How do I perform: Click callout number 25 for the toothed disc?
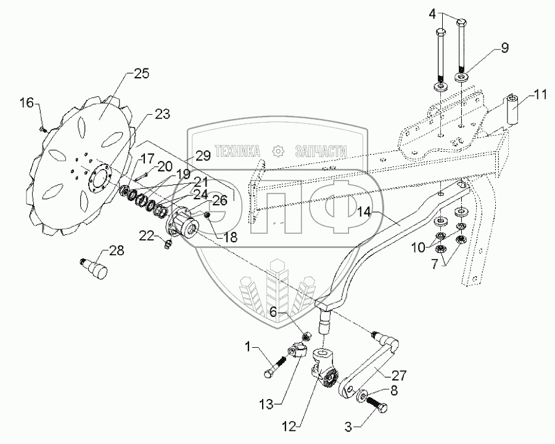click(x=141, y=73)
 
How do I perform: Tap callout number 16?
click(x=27, y=103)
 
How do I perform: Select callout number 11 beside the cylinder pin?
click(x=540, y=94)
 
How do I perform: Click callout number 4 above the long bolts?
click(x=434, y=14)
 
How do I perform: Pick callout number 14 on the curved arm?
click(x=363, y=212)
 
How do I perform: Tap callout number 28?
click(x=116, y=250)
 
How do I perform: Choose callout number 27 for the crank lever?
click(x=399, y=375)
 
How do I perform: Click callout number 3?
click(x=348, y=427)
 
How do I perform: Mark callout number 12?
click(x=289, y=427)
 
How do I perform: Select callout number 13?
click(x=266, y=404)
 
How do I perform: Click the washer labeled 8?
click(x=361, y=395)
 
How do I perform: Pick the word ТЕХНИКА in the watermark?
click(x=237, y=151)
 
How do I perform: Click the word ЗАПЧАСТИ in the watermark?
click(x=321, y=151)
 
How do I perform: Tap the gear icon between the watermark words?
click(x=278, y=151)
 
